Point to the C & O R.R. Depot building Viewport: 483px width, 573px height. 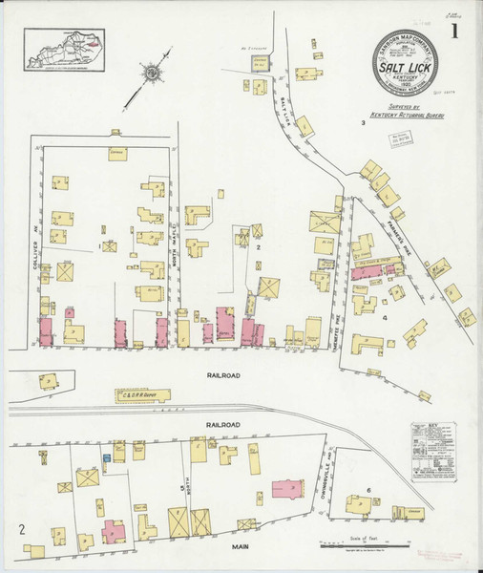coord(143,394)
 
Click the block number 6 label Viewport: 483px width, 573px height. coord(368,490)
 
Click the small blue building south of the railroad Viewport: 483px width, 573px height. coord(107,459)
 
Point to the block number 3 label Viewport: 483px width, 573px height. coord(363,123)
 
